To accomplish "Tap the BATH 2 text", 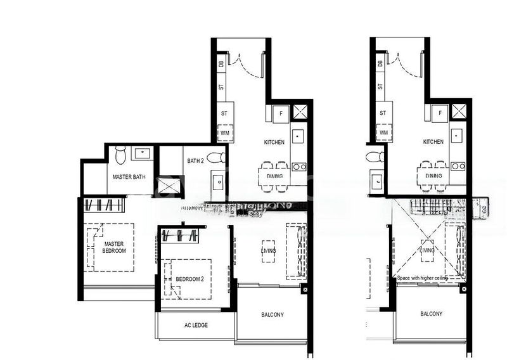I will pyautogui.click(x=195, y=161).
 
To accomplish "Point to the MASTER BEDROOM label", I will pyautogui.click(x=114, y=248).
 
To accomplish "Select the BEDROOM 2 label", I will pyautogui.click(x=189, y=279).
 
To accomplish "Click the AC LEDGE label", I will pyautogui.click(x=196, y=325).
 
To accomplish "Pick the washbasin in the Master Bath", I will pyautogui.click(x=142, y=152).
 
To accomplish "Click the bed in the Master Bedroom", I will pyautogui.click(x=114, y=247).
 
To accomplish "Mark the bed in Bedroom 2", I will pyautogui.click(x=188, y=277).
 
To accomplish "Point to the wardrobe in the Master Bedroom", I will pyautogui.click(x=104, y=205).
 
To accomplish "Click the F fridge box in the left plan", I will pyautogui.click(x=279, y=113).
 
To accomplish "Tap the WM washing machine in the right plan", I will pyautogui.click(x=383, y=133).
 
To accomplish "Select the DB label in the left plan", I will pyautogui.click(x=221, y=63).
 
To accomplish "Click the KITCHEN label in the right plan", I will pyautogui.click(x=433, y=142).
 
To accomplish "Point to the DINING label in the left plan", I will pyautogui.click(x=274, y=176).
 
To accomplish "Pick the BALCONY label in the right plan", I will pyautogui.click(x=431, y=314).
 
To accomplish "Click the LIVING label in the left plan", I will pyautogui.click(x=269, y=252).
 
